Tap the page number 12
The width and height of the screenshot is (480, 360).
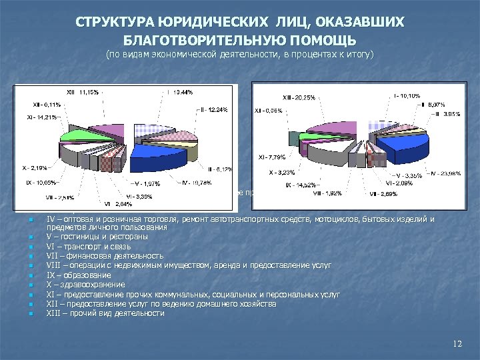coord(456,343)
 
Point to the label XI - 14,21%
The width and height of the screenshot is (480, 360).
coord(41,117)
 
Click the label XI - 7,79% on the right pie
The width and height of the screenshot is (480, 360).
coord(272,158)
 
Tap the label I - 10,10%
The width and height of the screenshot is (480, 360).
coord(407,96)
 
